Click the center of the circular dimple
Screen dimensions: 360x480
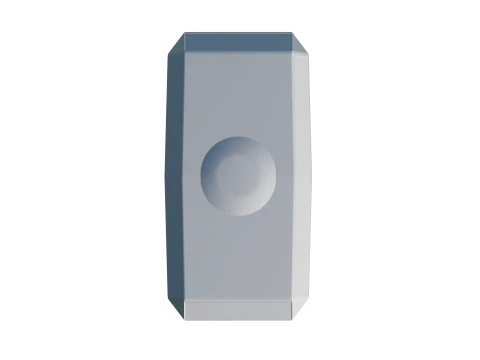click(x=239, y=176)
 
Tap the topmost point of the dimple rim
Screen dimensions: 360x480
click(x=239, y=138)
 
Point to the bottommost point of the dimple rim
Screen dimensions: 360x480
click(x=239, y=215)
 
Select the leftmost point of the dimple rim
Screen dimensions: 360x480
click(x=201, y=176)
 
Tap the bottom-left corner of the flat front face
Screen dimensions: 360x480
click(x=184, y=299)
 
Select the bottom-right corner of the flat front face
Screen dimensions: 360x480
click(x=296, y=299)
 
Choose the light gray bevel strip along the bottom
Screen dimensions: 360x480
click(x=240, y=309)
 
